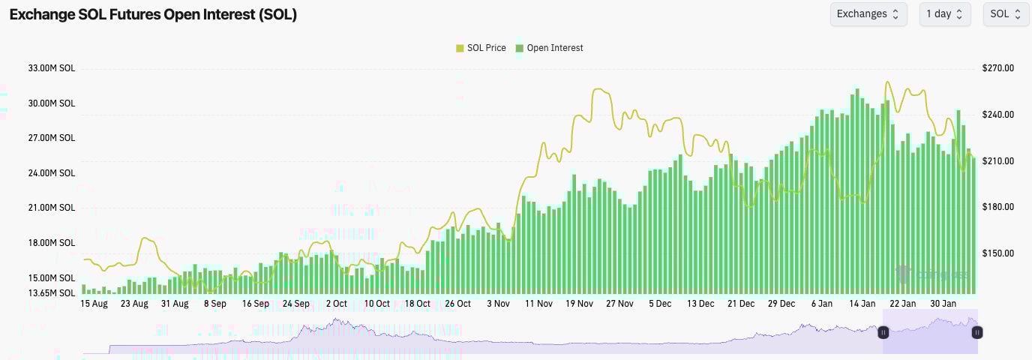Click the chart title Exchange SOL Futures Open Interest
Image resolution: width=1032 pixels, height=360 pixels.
tap(153, 14)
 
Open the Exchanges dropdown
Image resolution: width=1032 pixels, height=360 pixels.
tap(868, 14)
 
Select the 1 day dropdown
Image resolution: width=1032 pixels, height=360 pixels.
tap(944, 14)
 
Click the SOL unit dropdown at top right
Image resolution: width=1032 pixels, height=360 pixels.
tap(1006, 14)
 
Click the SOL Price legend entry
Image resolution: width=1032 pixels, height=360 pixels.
tap(481, 48)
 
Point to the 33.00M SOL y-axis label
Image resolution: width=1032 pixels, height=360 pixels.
tap(52, 68)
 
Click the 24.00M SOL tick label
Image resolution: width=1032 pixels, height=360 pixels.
tap(52, 173)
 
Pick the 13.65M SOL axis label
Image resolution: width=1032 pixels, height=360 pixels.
tap(52, 292)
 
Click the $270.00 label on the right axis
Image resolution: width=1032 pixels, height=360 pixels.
tap(997, 68)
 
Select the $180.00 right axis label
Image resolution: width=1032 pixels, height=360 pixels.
tap(997, 207)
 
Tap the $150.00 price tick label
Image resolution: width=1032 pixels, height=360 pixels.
tap(997, 253)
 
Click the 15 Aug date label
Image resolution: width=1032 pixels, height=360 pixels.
tap(94, 304)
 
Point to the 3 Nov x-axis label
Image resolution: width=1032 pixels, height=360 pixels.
tap(498, 304)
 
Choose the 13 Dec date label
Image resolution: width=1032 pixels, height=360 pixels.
tap(700, 304)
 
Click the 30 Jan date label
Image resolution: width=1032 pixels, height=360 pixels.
tap(943, 304)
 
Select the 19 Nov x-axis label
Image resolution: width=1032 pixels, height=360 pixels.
tap(579, 304)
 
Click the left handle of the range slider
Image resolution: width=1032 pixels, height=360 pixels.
tap(883, 332)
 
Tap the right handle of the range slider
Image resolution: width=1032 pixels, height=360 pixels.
tap(977, 332)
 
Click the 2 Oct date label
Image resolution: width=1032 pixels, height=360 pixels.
tap(336, 304)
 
